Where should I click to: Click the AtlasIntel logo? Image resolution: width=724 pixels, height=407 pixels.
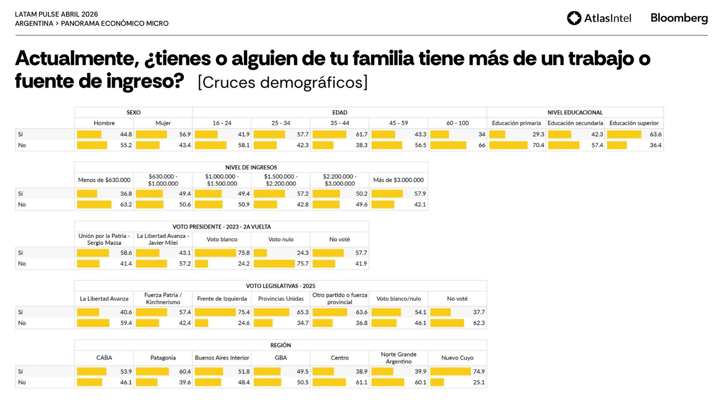[x=599, y=18]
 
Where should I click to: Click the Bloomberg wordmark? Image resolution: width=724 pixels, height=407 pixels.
[x=679, y=18]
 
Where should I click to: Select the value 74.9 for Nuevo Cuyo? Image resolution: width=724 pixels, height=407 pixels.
[x=479, y=371]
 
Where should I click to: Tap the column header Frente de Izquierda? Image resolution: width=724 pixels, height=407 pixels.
[x=222, y=299]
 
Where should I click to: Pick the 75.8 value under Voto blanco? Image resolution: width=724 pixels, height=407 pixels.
[x=244, y=253]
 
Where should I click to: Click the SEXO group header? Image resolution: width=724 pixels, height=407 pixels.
[x=133, y=113]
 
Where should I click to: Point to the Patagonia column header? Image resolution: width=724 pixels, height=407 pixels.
[x=163, y=358]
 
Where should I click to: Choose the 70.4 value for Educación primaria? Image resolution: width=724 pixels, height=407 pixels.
[x=538, y=145]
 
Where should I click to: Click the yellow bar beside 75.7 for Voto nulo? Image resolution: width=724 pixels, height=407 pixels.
[x=274, y=264]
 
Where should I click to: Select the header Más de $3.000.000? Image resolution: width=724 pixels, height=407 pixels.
[x=398, y=180]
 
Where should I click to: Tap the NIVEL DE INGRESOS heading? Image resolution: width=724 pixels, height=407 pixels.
[x=251, y=167]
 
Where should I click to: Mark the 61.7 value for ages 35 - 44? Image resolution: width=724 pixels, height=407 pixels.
[x=362, y=134]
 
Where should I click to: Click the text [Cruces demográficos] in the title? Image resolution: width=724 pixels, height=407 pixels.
[x=283, y=82]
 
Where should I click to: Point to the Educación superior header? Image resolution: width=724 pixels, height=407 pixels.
[x=633, y=123]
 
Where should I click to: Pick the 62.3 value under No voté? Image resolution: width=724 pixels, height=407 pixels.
[x=479, y=323]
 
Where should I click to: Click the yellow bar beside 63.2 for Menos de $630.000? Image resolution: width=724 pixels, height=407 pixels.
[x=94, y=204]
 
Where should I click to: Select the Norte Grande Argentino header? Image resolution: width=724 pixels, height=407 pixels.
[x=398, y=358]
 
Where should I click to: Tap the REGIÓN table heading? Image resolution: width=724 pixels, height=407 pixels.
[x=281, y=345]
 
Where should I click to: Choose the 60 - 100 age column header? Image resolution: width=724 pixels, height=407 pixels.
[x=457, y=123]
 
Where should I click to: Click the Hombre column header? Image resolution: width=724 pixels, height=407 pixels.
[x=104, y=123]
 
